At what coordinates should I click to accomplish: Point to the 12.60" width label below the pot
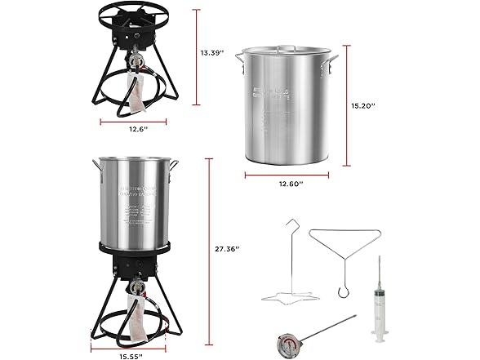pyautogui.click(x=290, y=184)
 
